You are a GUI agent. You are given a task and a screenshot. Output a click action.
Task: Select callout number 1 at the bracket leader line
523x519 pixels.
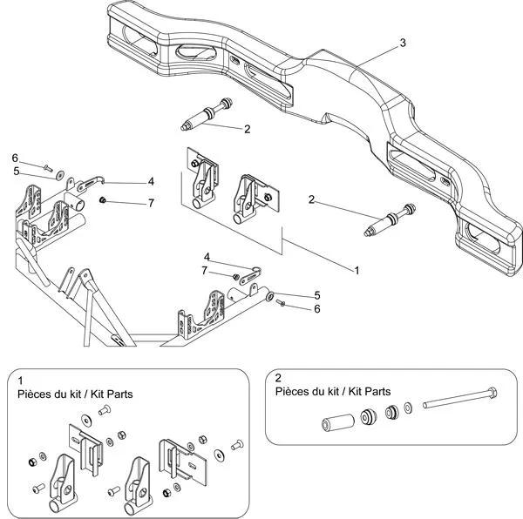click(x=357, y=271)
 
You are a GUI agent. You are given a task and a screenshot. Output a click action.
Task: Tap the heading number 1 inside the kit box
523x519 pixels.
click(x=20, y=381)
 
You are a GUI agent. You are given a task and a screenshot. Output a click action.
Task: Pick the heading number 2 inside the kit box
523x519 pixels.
click(x=278, y=379)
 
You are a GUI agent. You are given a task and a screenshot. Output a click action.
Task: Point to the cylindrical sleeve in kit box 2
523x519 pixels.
click(x=336, y=425)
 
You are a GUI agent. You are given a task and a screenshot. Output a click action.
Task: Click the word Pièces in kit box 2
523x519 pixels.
click(x=292, y=392)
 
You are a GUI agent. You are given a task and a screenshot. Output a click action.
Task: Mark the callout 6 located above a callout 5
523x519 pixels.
click(x=15, y=158)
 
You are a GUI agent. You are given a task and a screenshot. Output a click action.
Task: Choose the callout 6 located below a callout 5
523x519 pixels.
click(x=317, y=308)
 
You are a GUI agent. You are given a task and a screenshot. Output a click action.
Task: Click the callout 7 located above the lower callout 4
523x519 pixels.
click(x=207, y=271)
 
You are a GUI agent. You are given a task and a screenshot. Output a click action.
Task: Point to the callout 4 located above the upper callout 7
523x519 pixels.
click(x=151, y=182)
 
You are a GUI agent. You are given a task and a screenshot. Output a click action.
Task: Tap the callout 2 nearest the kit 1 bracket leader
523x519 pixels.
click(x=311, y=199)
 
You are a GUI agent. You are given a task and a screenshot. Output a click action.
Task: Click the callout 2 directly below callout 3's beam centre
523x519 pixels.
click(x=248, y=129)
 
